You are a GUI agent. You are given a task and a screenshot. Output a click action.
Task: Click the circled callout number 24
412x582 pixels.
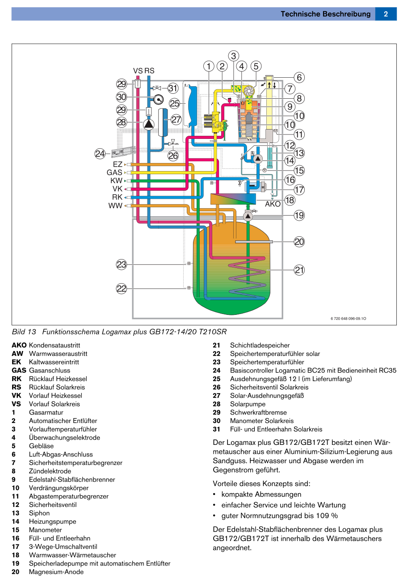(x=100, y=154)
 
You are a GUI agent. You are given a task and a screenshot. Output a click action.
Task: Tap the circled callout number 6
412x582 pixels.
(x=299, y=77)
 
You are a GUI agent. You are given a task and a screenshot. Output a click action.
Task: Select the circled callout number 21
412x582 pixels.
(x=299, y=270)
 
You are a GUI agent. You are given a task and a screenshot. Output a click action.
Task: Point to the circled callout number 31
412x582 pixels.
(x=173, y=88)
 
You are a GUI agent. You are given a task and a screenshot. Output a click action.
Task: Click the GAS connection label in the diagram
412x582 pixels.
(x=114, y=172)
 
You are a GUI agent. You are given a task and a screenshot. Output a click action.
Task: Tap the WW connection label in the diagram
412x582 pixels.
(x=115, y=205)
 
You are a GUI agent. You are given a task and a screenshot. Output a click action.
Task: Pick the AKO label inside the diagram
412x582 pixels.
(x=273, y=204)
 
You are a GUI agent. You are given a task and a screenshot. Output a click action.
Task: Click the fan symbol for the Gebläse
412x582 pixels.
(x=249, y=91)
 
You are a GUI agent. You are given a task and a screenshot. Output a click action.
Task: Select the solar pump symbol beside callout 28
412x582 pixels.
(x=149, y=125)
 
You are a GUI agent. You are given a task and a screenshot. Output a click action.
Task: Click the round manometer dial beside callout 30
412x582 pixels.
(x=158, y=99)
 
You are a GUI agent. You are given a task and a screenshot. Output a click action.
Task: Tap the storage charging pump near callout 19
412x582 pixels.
(x=248, y=216)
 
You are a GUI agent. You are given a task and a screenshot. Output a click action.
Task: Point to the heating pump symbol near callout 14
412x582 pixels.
(x=258, y=159)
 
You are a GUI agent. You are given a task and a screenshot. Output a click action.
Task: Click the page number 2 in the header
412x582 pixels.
(x=386, y=14)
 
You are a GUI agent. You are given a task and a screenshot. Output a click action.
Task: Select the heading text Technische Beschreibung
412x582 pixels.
(x=325, y=14)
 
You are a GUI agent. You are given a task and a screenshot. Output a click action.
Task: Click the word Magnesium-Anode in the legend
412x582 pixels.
(x=56, y=572)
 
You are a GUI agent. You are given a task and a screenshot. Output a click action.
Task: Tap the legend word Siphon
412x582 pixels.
(x=39, y=513)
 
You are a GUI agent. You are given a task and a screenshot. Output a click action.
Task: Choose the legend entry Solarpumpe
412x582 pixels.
(x=248, y=404)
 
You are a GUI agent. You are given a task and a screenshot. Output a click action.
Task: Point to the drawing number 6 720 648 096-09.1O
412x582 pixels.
(x=348, y=318)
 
